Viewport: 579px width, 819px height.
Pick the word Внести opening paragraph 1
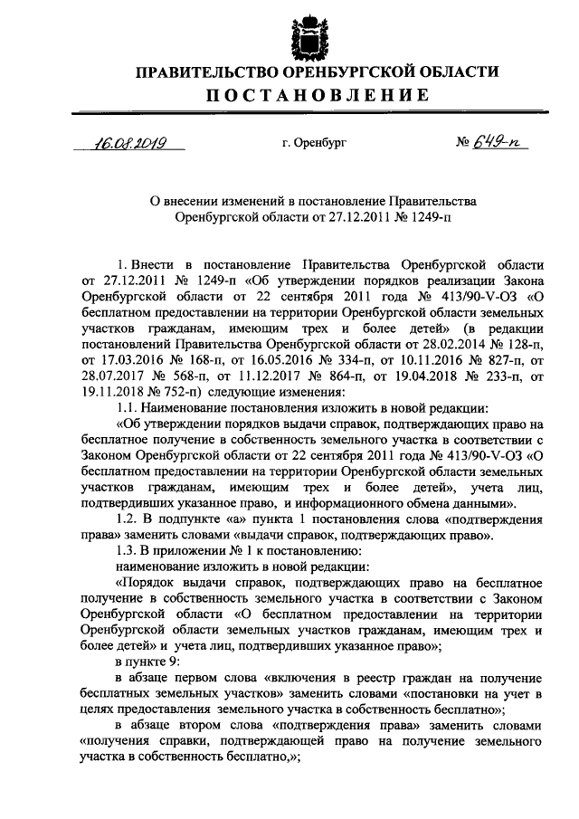coord(154,263)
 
